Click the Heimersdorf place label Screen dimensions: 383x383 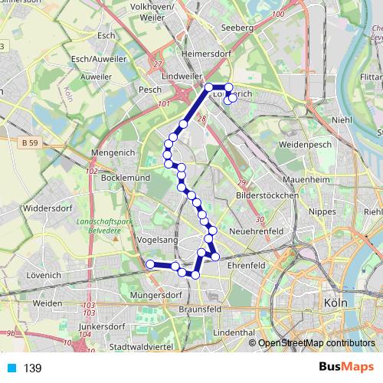tap(206, 54)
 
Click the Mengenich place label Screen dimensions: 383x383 tap(113, 153)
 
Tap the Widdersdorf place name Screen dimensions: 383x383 tap(47, 207)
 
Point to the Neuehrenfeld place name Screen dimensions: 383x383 tap(257, 231)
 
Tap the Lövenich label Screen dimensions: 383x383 tap(43, 273)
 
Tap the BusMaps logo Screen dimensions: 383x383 tap(343, 368)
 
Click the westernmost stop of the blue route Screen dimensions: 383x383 tap(150, 264)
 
